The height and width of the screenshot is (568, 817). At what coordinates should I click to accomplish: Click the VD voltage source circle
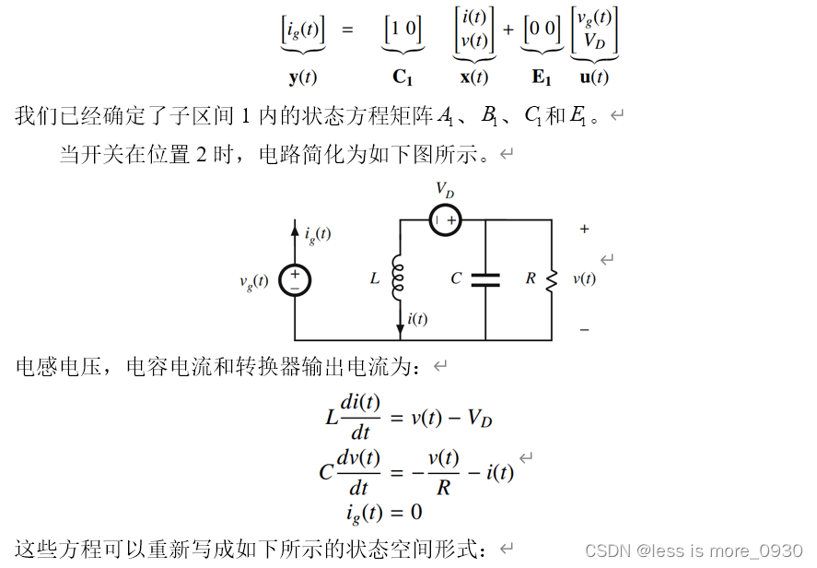click(x=446, y=221)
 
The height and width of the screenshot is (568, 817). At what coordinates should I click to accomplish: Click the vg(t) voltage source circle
click(x=295, y=280)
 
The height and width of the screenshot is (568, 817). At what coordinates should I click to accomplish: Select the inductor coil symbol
click(x=400, y=277)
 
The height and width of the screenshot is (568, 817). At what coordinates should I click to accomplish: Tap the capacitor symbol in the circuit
click(x=485, y=278)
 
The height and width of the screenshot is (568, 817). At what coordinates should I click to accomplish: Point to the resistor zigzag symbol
click(x=552, y=278)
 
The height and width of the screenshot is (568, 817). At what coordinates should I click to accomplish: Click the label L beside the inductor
click(x=375, y=278)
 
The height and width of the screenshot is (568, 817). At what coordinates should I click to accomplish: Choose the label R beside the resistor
click(x=531, y=278)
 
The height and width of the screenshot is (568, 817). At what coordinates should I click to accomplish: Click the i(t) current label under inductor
click(x=417, y=319)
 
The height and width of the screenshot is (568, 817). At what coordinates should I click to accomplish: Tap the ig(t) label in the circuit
click(x=318, y=234)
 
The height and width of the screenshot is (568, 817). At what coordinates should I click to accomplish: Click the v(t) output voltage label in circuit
click(x=584, y=278)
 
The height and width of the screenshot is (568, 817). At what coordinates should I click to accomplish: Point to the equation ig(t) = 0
click(x=385, y=512)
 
